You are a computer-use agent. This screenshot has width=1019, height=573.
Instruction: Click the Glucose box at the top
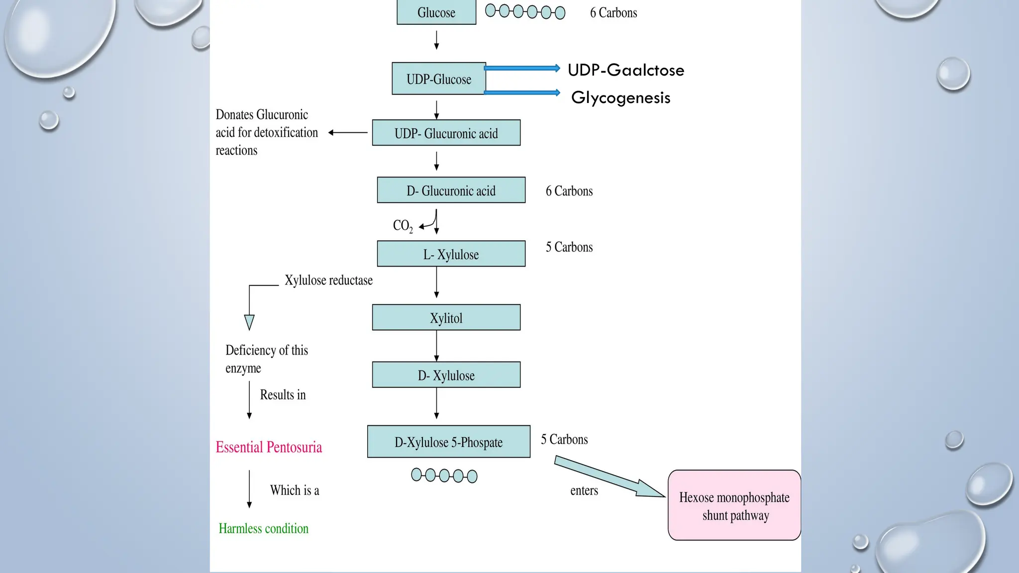coord(436,12)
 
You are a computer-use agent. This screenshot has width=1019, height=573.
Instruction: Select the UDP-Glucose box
coord(438,79)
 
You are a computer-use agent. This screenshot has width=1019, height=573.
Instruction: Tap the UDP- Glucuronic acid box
coord(446,133)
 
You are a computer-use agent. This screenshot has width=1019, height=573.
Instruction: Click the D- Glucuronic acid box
coord(451,190)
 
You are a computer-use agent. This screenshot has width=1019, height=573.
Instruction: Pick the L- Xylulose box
coord(451,254)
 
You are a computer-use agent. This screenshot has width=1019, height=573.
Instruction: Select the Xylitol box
coord(446,317)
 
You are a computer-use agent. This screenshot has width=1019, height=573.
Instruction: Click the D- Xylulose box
coord(446,375)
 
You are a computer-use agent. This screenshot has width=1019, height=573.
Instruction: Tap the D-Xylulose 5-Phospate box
coord(448,442)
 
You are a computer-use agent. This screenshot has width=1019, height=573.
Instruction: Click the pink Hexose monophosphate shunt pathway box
coord(734,505)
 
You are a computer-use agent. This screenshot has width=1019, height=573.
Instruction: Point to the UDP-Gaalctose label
coord(625,70)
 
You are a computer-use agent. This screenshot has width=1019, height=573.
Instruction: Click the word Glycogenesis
coord(620,97)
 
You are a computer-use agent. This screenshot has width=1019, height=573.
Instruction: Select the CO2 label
coord(402,226)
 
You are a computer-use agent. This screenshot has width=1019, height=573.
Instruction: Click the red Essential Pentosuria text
coord(269,447)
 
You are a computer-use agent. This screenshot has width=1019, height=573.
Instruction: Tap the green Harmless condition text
coord(263,528)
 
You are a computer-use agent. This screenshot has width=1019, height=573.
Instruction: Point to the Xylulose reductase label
coord(328,280)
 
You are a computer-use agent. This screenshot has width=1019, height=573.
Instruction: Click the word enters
coord(584,490)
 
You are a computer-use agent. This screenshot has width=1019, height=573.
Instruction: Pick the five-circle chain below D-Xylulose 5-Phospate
coord(444,476)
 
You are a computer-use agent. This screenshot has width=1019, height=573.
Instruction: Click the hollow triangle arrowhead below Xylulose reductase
coord(249,322)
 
